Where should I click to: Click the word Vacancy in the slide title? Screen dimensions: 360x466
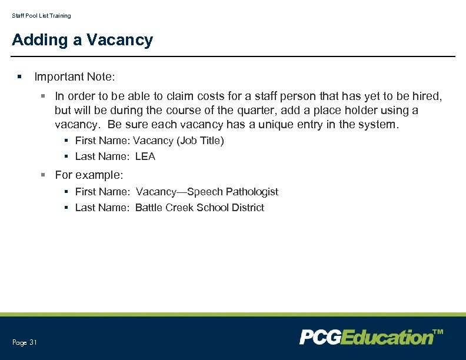(119, 40)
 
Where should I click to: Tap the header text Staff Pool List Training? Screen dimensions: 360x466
(41, 16)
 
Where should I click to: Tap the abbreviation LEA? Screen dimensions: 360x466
(145, 156)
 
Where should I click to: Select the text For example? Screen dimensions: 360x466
(89, 175)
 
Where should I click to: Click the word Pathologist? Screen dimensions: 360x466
(252, 192)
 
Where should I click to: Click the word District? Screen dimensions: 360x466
(248, 208)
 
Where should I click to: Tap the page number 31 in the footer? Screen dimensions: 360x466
(33, 342)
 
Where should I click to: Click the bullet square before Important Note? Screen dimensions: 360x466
(19, 77)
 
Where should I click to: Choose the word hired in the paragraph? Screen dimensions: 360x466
(427, 95)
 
